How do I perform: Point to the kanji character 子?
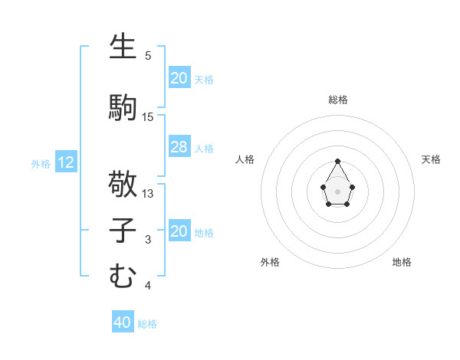point(123,231)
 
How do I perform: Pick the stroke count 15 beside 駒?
point(148,116)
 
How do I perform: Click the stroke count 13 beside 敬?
point(148,194)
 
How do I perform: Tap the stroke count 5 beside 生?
point(148,56)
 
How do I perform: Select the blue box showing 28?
point(179,147)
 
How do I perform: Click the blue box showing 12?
point(66,162)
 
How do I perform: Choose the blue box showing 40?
point(122,322)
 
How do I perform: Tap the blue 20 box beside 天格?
point(179,78)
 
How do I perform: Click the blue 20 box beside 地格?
point(179,231)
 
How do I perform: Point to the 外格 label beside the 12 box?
point(41,163)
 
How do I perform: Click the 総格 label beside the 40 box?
point(147,324)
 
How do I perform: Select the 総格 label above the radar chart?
point(338,100)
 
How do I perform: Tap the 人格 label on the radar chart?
point(245,159)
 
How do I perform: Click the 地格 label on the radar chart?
point(402,262)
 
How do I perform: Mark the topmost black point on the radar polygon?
point(338,161)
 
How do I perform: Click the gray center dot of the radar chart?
point(338,191)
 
